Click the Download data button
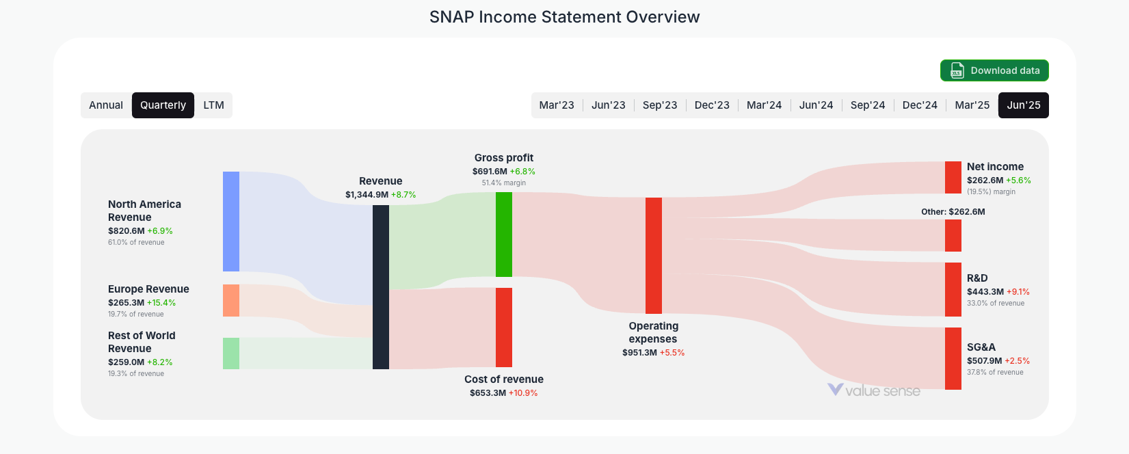click(x=994, y=70)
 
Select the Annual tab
click(x=106, y=105)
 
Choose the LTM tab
click(x=213, y=105)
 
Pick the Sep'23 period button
click(x=659, y=105)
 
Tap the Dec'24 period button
click(x=919, y=105)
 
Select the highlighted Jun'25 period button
click(x=1023, y=105)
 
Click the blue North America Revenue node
click(x=231, y=222)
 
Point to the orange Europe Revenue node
click(x=231, y=301)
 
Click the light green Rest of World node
click(x=231, y=353)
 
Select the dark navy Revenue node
click(x=381, y=287)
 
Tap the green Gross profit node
click(x=504, y=235)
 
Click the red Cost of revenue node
click(x=504, y=328)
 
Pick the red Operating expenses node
click(x=654, y=256)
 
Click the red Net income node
click(x=953, y=178)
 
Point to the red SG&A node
click(x=953, y=358)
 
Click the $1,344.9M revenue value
click(x=367, y=195)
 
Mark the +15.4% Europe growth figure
click(x=161, y=303)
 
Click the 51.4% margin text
click(x=504, y=183)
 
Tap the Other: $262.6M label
click(x=953, y=212)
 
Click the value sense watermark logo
click(x=873, y=390)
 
